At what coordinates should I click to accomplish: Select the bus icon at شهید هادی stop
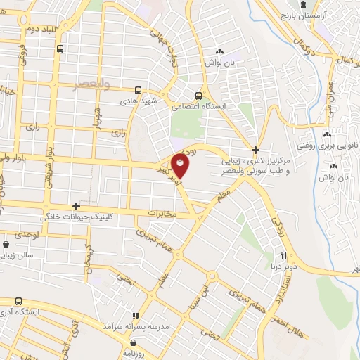pos(138,90)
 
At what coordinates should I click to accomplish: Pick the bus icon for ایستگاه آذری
pos(18,300)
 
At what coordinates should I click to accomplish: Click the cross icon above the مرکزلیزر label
pos(256,149)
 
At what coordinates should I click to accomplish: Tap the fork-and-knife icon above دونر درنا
pos(284,255)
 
